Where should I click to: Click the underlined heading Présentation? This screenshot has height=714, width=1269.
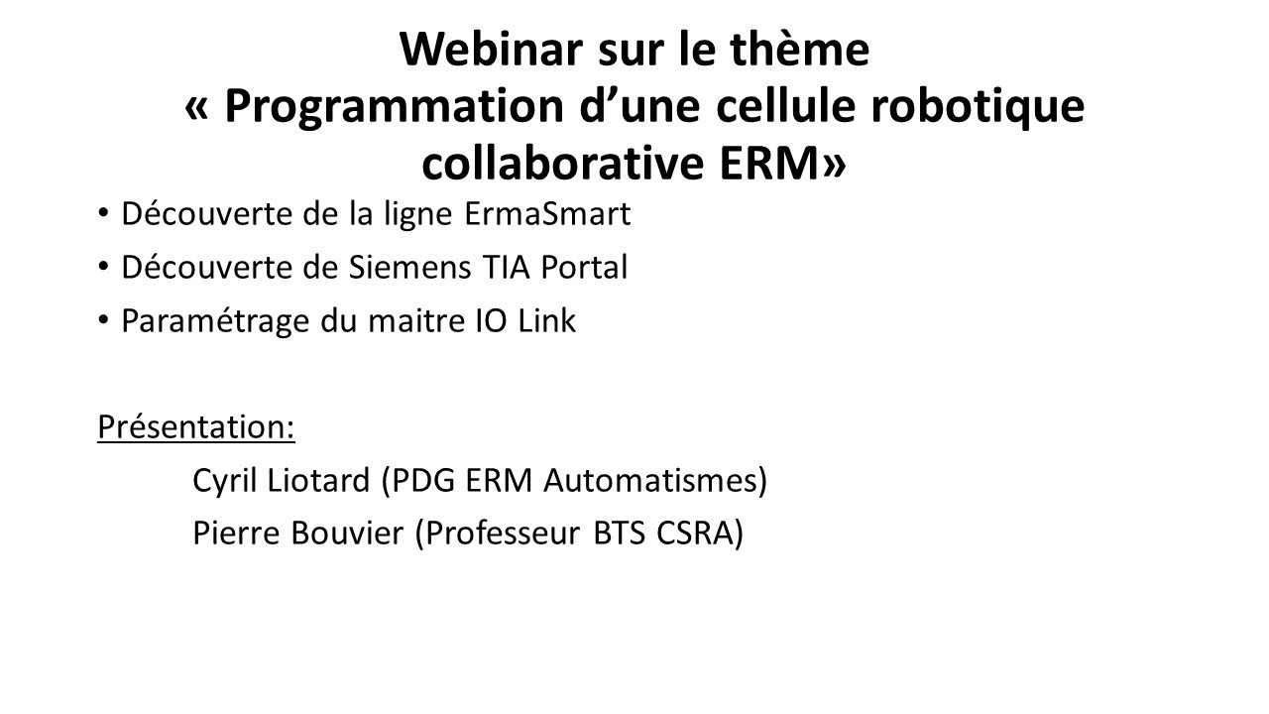tap(196, 427)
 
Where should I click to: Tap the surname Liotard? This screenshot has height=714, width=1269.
tap(323, 481)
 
